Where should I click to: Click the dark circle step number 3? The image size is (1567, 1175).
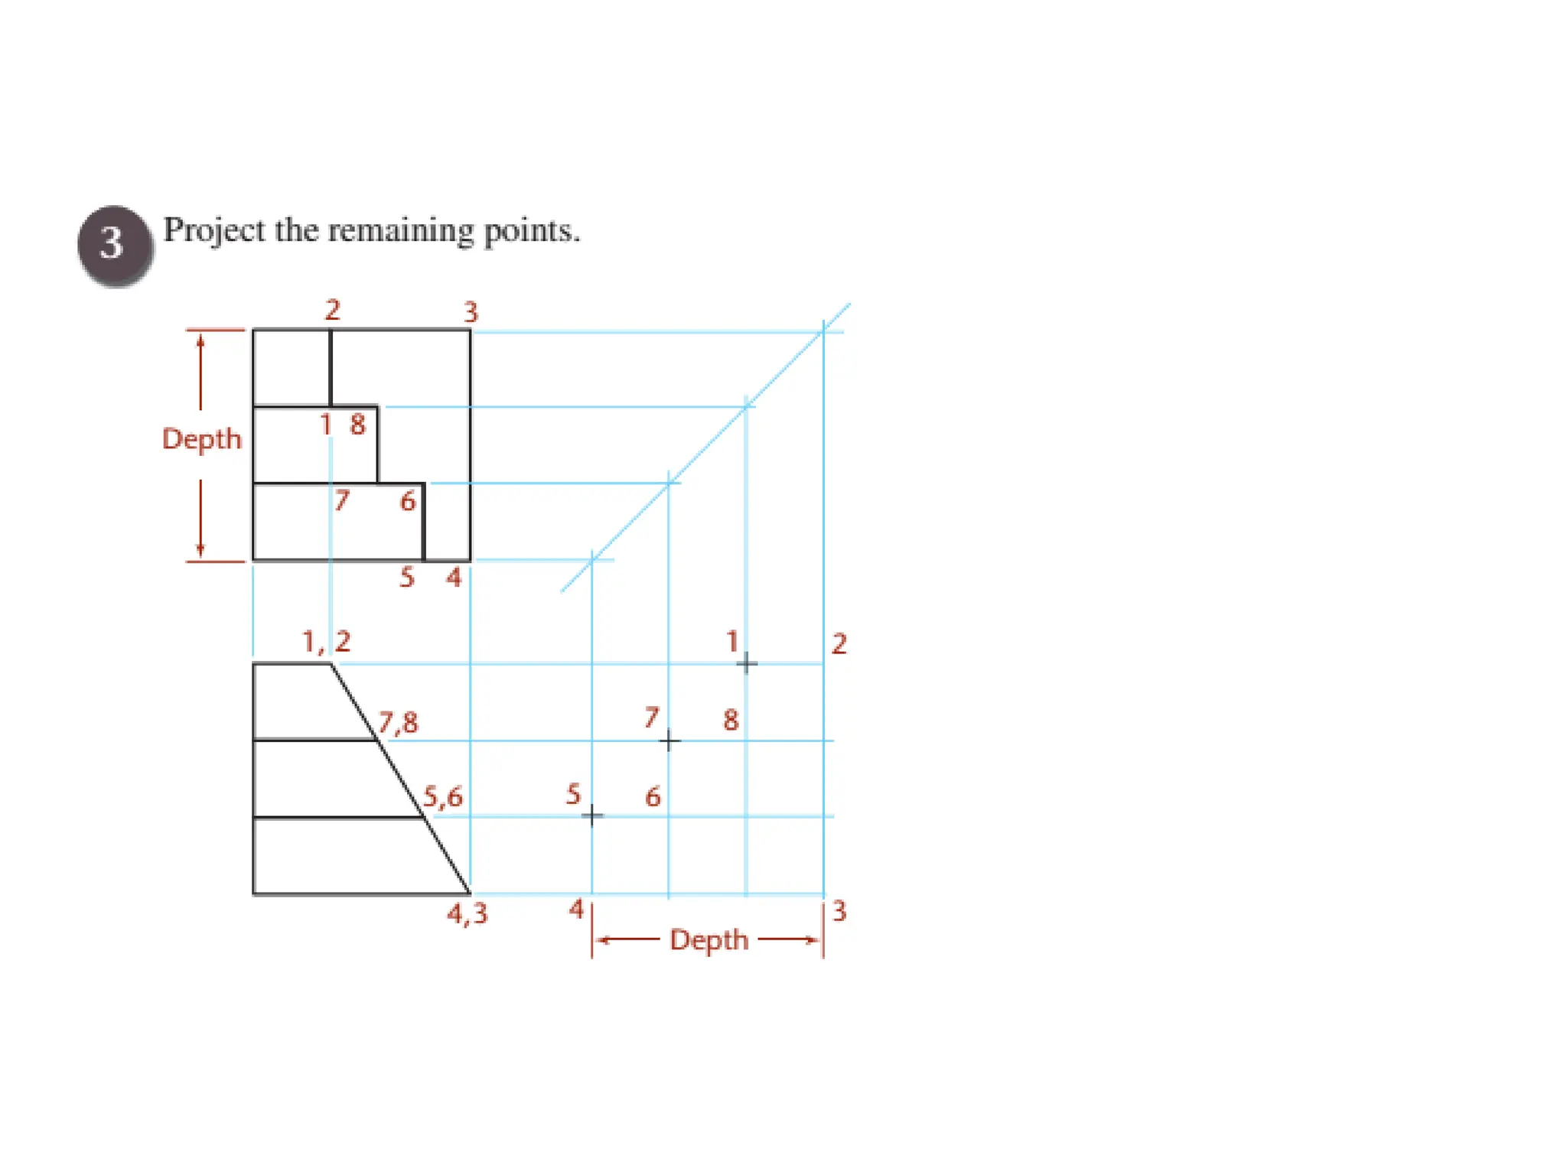tap(114, 245)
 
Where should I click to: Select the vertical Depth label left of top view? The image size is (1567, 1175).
tap(202, 440)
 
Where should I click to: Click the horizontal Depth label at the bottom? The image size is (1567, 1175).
tap(709, 940)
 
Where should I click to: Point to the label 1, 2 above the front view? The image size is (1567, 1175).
tap(327, 642)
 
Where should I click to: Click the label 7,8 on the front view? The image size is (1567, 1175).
tap(399, 722)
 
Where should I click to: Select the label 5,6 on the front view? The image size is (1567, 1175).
tap(443, 797)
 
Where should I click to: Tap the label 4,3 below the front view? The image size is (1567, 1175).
tap(467, 913)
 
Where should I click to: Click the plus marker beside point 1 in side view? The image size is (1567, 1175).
tap(747, 663)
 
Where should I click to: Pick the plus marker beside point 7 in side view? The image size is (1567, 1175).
tap(669, 740)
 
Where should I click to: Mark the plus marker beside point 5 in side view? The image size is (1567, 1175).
tap(592, 816)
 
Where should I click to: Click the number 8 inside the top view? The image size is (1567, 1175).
tap(357, 425)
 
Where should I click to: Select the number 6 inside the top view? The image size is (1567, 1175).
tap(408, 502)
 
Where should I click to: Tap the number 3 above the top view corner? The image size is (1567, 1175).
tap(471, 312)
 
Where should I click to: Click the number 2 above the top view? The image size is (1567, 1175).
tap(332, 310)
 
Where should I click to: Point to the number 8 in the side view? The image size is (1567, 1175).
tap(731, 720)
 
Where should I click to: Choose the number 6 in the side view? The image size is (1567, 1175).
tap(653, 797)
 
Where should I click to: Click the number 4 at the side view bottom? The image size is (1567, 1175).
tap(576, 910)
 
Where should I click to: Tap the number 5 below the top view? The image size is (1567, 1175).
tap(406, 577)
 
